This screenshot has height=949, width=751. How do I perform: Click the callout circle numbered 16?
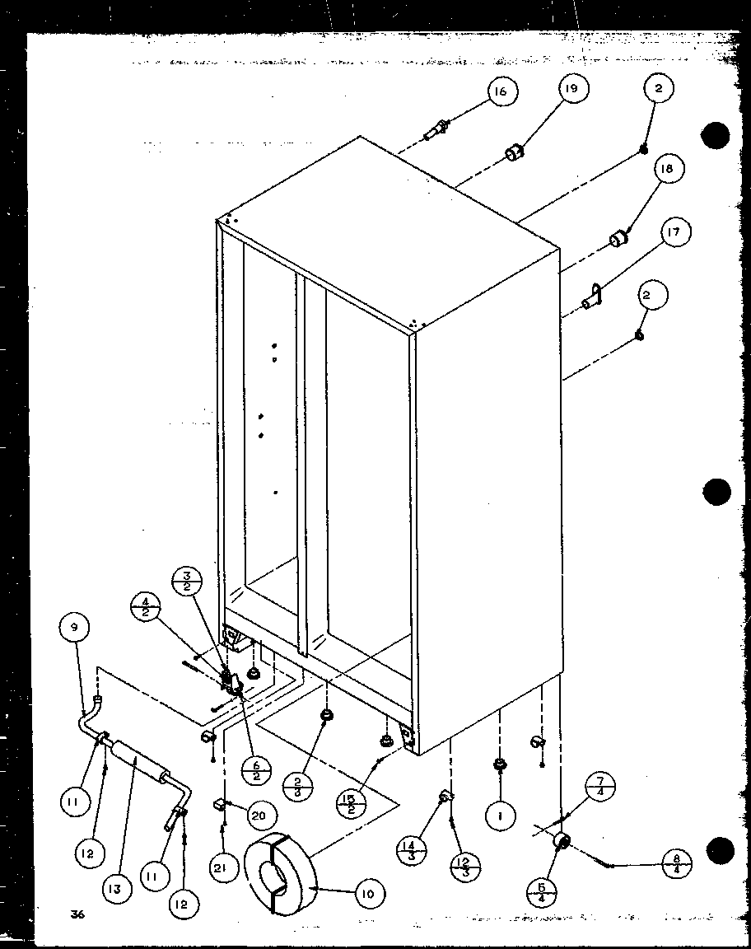500,91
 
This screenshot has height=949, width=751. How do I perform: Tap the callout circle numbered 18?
665,170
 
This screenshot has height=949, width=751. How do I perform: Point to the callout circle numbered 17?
673,233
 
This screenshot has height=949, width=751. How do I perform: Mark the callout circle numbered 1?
500,816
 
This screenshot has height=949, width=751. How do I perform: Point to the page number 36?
78,914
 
